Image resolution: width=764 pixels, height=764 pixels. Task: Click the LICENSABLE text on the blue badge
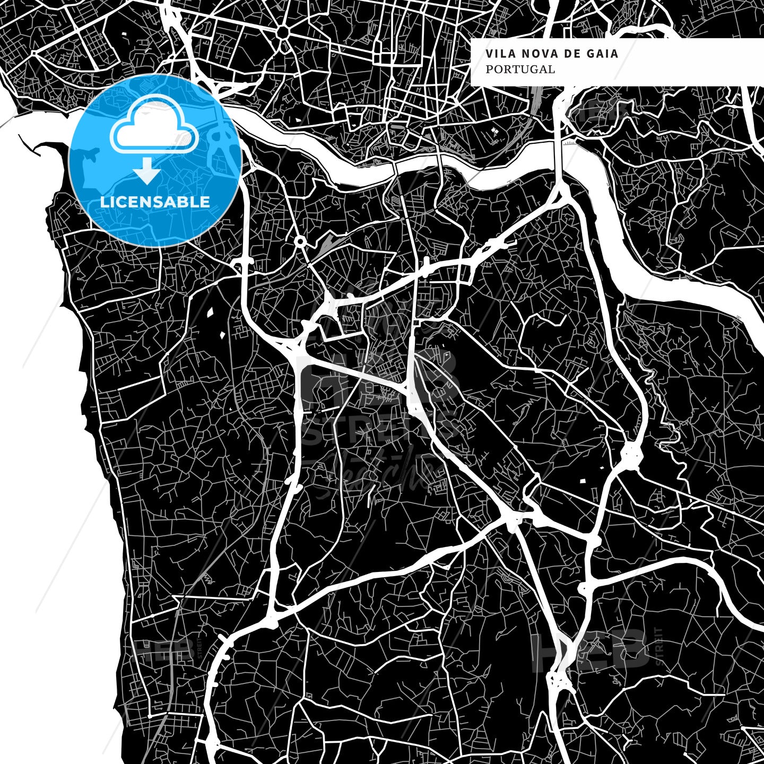pyautogui.click(x=155, y=202)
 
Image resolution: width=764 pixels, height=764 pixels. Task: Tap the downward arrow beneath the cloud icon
pyautogui.click(x=147, y=172)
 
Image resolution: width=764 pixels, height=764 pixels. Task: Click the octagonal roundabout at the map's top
pyautogui.click(x=283, y=33)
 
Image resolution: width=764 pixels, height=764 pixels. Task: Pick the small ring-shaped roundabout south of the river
pyautogui.click(x=300, y=243)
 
